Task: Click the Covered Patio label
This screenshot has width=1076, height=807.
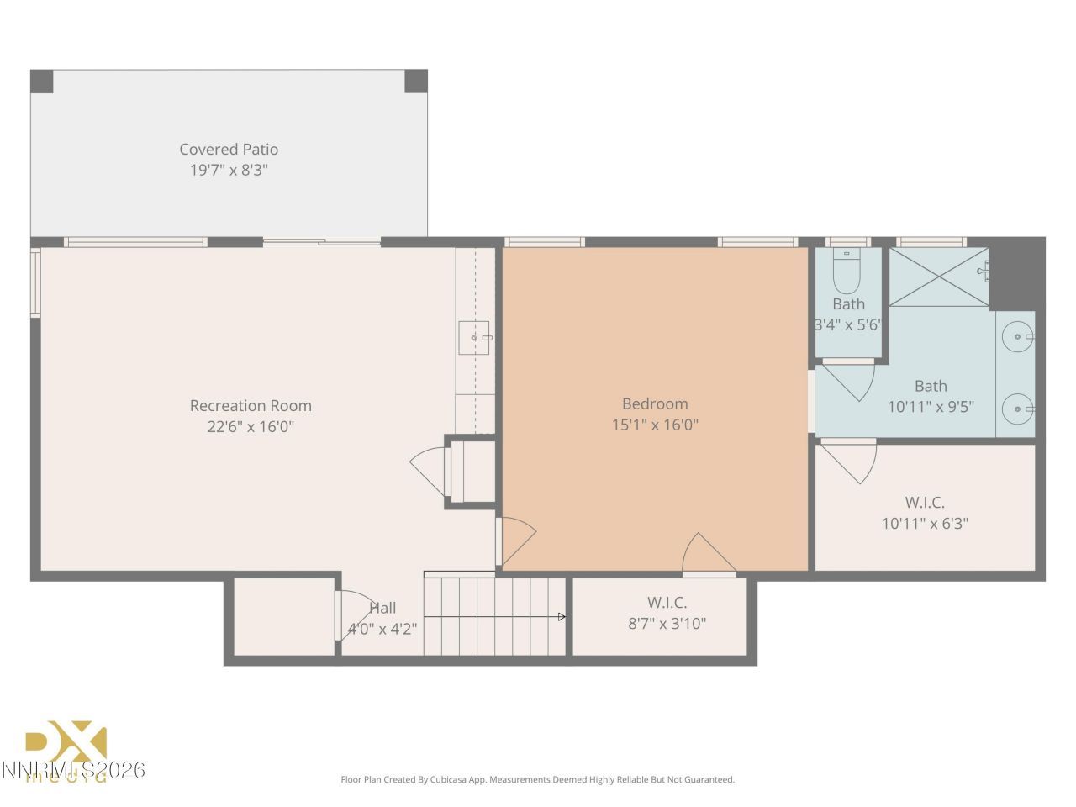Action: point(229,150)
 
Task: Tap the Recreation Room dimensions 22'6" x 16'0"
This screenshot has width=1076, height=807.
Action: point(251,426)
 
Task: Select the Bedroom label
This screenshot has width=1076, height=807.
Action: point(655,404)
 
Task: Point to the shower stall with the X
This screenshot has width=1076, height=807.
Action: point(938,277)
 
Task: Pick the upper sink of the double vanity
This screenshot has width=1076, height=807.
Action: point(1019,336)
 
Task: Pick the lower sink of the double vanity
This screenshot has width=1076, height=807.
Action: point(1019,409)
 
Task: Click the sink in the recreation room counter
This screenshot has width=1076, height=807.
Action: point(475,337)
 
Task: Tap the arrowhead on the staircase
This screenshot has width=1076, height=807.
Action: point(562,617)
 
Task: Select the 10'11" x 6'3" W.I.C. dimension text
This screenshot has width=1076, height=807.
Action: point(925,524)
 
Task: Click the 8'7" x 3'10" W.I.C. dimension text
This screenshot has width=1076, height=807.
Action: point(667,624)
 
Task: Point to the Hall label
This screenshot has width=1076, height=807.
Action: point(382,608)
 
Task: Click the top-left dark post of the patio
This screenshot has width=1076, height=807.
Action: point(42,82)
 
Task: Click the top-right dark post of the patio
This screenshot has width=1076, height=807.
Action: point(416,82)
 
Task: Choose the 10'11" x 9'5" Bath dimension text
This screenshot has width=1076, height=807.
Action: point(931,407)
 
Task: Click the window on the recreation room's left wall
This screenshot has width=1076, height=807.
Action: point(35,282)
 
